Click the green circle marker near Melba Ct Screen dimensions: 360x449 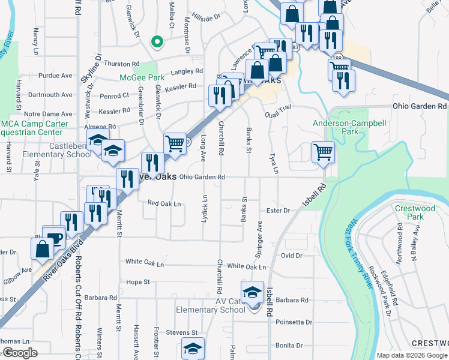157,41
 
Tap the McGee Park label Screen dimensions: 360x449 141,78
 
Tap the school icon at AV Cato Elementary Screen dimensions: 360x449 253,292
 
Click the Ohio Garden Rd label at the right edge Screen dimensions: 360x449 420,106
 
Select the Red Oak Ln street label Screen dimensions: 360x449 164,203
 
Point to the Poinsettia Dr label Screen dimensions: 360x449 294,322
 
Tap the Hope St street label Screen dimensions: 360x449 137,281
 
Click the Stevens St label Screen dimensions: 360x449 182,332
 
